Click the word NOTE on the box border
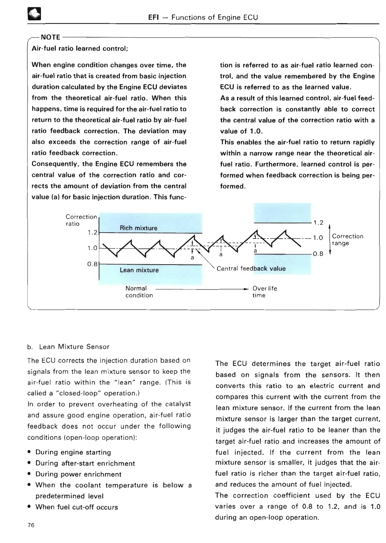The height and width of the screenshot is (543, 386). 51,37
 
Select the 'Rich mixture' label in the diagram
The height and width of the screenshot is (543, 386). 138,228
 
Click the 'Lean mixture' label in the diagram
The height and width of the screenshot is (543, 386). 139,270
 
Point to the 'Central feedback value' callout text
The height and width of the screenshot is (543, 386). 251,268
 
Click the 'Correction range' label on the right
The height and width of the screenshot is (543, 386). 347,240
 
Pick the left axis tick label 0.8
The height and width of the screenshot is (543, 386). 92,264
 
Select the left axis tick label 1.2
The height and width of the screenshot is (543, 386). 93,232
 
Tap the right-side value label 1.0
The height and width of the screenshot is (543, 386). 318,238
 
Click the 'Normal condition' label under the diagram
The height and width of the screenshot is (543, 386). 139,292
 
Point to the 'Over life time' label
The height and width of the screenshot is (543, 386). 264,292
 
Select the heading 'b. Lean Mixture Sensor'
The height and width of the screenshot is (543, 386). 68,347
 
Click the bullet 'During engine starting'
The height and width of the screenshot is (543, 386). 73,452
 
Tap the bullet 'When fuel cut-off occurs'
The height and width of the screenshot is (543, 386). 76,507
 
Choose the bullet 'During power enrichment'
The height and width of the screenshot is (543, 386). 78,474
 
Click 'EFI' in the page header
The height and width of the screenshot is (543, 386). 153,17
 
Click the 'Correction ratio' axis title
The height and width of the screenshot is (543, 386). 81,220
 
